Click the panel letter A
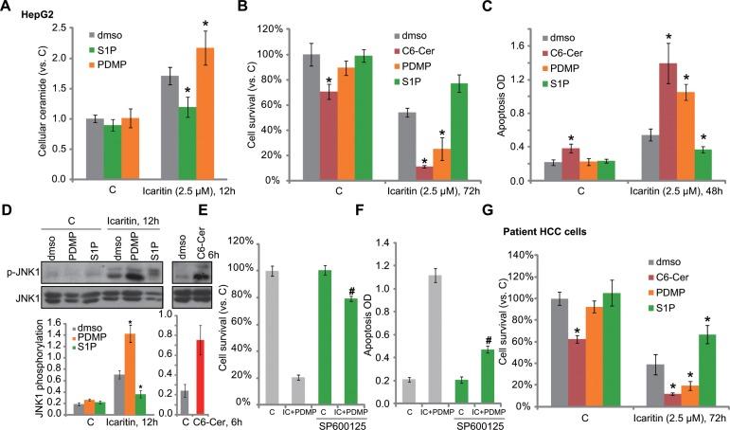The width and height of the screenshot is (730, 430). (8, 8)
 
